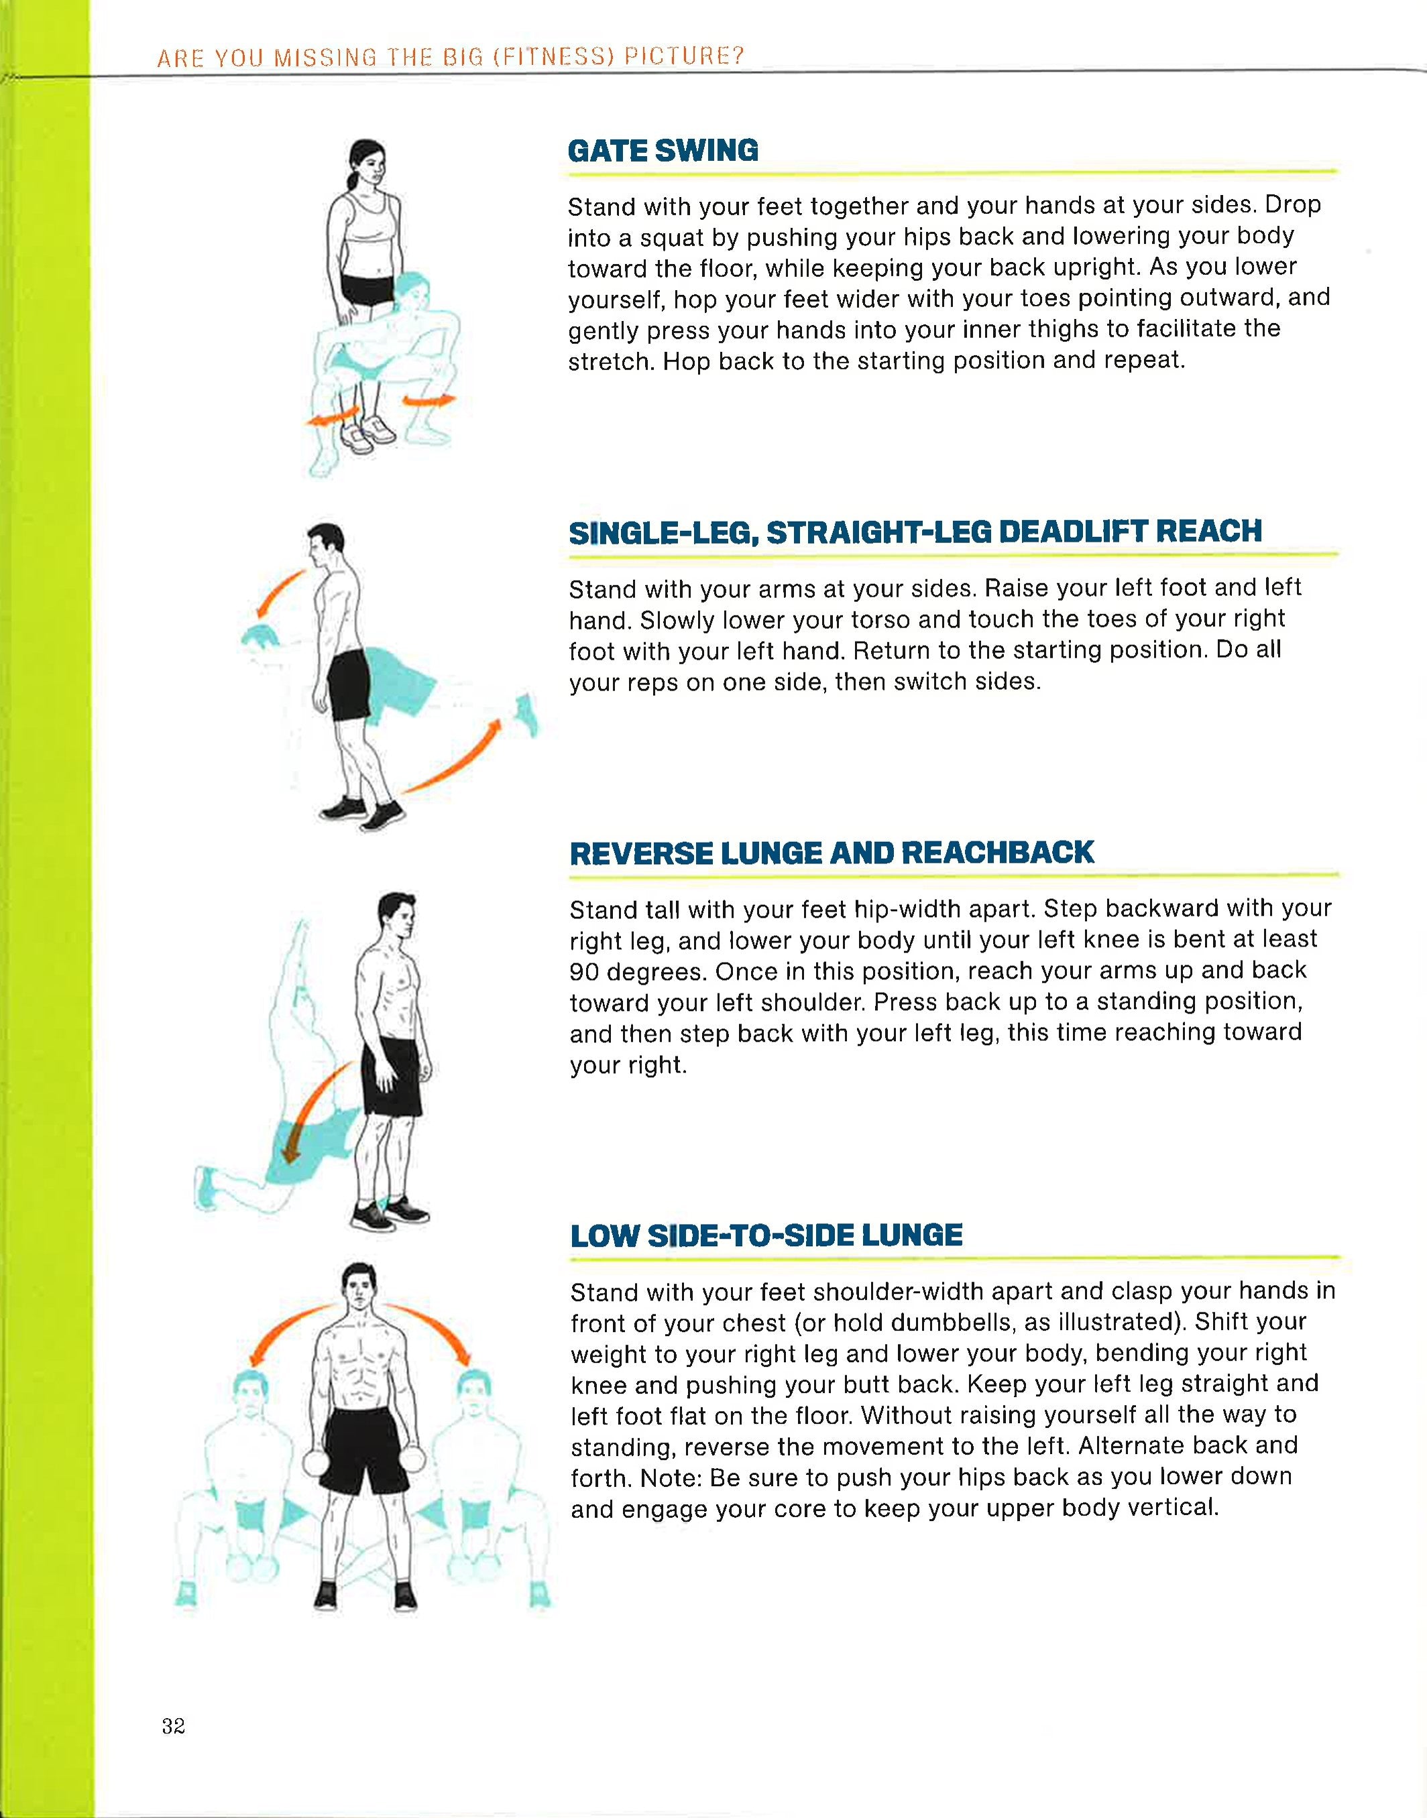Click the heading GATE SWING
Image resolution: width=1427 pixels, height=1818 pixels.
(663, 150)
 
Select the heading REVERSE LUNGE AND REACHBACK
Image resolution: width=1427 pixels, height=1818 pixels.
(832, 853)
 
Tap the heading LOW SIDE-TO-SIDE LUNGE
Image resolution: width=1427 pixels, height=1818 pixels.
(766, 1235)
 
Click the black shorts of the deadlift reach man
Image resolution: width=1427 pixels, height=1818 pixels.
(349, 685)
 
